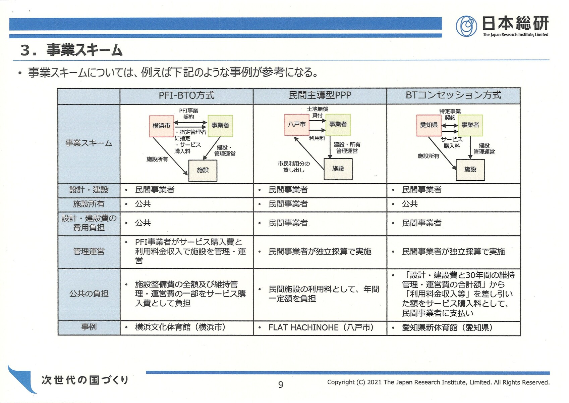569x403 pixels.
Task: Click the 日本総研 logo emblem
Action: tap(466, 26)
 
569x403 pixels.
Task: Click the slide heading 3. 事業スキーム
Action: tap(71, 50)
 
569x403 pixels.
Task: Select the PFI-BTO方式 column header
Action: tap(186, 95)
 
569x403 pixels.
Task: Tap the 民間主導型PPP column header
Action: tap(320, 95)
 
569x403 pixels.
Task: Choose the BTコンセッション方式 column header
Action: tap(453, 95)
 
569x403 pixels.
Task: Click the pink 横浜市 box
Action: tap(161, 126)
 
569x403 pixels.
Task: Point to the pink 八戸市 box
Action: tap(297, 124)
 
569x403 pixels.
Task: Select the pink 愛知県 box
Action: tap(429, 125)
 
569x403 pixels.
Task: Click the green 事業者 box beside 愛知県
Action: tap(470, 125)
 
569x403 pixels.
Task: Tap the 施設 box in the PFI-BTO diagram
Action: tap(203, 170)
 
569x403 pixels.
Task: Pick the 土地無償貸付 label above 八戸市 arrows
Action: tap(318, 112)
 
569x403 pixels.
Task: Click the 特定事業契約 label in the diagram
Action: tap(450, 114)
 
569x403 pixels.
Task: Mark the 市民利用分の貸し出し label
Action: tap(294, 167)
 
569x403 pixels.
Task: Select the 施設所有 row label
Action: tap(89, 204)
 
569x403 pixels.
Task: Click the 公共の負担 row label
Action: tap(89, 294)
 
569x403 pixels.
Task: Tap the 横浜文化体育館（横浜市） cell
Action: tap(180, 327)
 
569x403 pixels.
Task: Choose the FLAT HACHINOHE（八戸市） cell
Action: tap(321, 327)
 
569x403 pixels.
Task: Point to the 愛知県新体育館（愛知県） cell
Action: tap(447, 327)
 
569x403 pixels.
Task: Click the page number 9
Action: tap(281, 385)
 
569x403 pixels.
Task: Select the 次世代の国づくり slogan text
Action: tap(85, 380)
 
